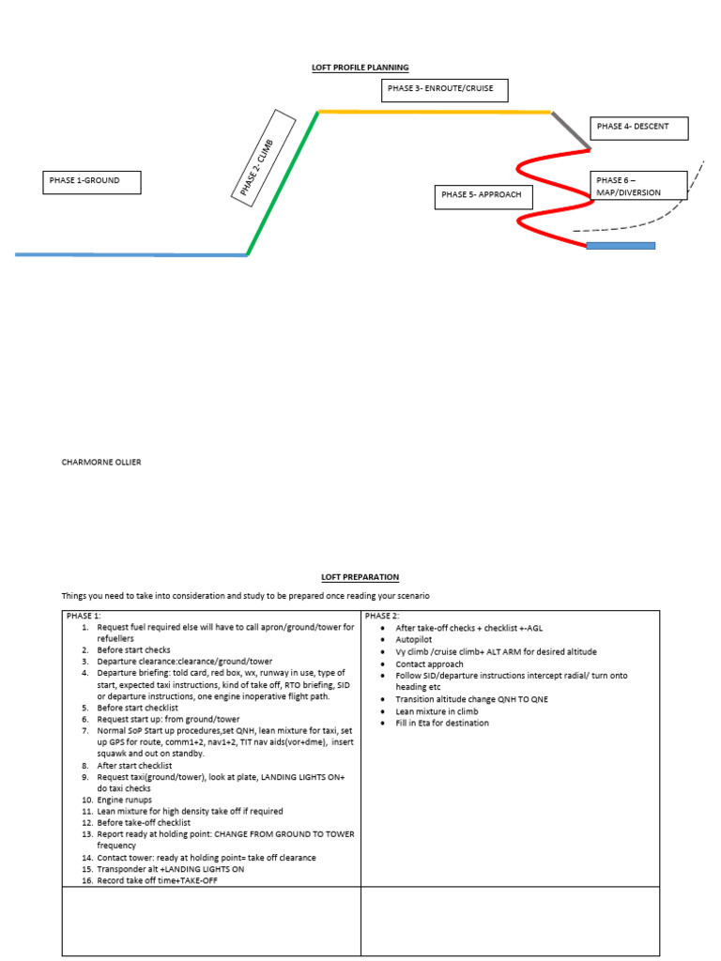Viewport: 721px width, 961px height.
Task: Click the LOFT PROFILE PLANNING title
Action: tap(360, 68)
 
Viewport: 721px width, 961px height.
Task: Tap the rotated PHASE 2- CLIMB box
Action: tap(264, 156)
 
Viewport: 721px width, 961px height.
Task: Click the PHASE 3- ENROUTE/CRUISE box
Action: tap(444, 90)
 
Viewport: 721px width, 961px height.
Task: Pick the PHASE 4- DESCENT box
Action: tap(639, 128)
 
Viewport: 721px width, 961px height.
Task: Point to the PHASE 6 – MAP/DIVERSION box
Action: tap(639, 186)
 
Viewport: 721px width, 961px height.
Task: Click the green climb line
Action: tap(283, 183)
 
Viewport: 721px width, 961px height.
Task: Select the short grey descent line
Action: tap(571, 130)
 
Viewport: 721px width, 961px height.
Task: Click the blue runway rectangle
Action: tap(621, 246)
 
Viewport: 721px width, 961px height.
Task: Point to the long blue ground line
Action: tap(131, 254)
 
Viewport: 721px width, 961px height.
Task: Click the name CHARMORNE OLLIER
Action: tap(101, 462)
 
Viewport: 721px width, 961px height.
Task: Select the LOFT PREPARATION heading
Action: tap(360, 577)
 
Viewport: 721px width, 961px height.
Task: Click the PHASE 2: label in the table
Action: tap(383, 617)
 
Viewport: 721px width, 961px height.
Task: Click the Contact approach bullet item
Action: tap(429, 664)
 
